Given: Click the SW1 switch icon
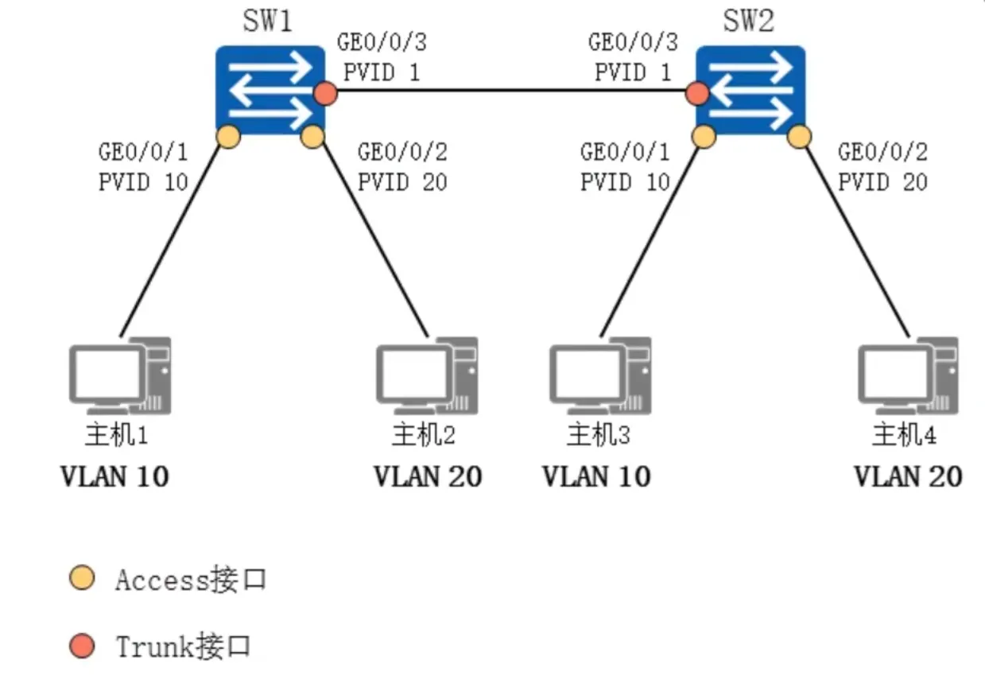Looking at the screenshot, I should click(x=270, y=88).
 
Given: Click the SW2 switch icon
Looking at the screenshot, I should click(x=750, y=88).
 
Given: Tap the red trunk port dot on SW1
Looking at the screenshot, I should click(x=324, y=94).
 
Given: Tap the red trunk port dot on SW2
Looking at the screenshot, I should click(x=697, y=94).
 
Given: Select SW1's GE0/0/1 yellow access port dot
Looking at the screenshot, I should click(x=228, y=137).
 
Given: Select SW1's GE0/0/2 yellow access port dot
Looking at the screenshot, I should click(x=313, y=137).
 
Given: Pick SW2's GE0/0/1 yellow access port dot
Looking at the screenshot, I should click(x=704, y=136).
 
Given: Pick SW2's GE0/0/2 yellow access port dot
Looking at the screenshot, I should click(x=799, y=137).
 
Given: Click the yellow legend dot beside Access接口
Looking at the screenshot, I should click(x=82, y=579).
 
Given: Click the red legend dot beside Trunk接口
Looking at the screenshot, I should click(x=82, y=646).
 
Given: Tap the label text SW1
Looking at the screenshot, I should click(x=267, y=21).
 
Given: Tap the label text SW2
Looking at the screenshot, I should click(x=747, y=21).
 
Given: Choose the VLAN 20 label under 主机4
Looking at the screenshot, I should click(x=908, y=476).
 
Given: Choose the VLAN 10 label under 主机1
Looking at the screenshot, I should click(x=115, y=476).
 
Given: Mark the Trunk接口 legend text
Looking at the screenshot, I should click(x=183, y=646).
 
